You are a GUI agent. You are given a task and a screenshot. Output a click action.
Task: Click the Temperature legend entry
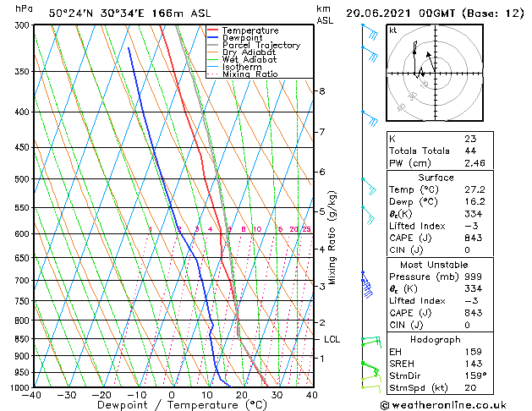tap(250, 30)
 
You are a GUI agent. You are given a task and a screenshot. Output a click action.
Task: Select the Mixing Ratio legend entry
tap(250, 74)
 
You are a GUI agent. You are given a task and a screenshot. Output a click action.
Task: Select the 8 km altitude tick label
tap(321, 91)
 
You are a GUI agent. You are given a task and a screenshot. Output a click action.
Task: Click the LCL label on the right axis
tap(332, 339)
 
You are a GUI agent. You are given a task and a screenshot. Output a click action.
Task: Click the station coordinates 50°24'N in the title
tap(71, 14)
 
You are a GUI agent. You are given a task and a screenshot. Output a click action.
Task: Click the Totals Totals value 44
tap(470, 151)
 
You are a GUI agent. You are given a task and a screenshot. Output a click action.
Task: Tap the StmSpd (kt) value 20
tap(470, 387)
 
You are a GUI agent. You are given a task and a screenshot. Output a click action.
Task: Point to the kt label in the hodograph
tap(392, 30)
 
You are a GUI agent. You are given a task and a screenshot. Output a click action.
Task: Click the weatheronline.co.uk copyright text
tap(455, 404)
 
